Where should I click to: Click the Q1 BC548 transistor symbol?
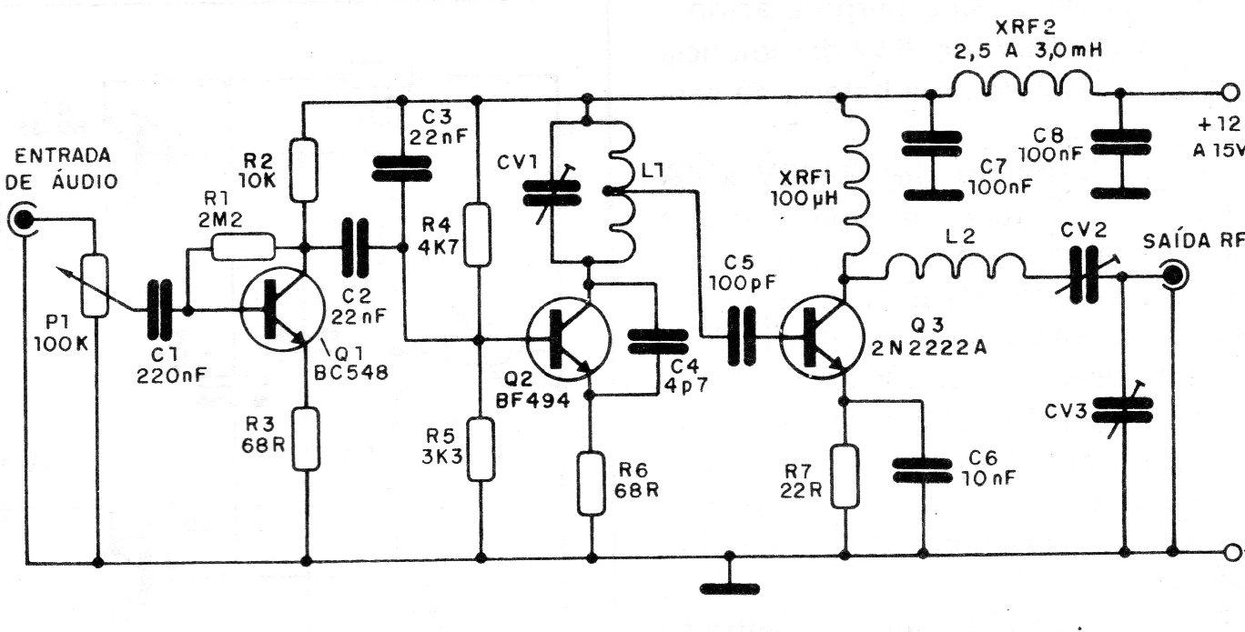pyautogui.click(x=282, y=309)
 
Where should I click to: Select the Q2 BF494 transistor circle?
pyautogui.click(x=569, y=339)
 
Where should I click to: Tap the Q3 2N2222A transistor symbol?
pyautogui.click(x=822, y=337)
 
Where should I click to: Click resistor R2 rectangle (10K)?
pyautogui.click(x=304, y=169)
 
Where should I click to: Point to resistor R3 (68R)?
pyautogui.click(x=306, y=438)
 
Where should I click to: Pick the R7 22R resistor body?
pyautogui.click(x=845, y=476)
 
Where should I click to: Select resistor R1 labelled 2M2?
pyautogui.click(x=243, y=246)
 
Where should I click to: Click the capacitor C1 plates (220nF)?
pyautogui.click(x=159, y=309)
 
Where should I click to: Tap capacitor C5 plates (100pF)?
pyautogui.click(x=742, y=336)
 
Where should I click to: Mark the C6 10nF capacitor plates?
pyautogui.click(x=922, y=470)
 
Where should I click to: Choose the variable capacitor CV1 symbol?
pyautogui.click(x=552, y=194)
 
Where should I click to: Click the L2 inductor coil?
pyautogui.click(x=956, y=266)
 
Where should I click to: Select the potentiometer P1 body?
pyautogui.click(x=95, y=286)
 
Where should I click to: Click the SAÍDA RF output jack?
pyautogui.click(x=1174, y=275)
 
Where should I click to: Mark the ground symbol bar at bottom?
pyautogui.click(x=730, y=588)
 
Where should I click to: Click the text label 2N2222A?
pyautogui.click(x=929, y=347)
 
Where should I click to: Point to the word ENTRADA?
pyautogui.click(x=63, y=156)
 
